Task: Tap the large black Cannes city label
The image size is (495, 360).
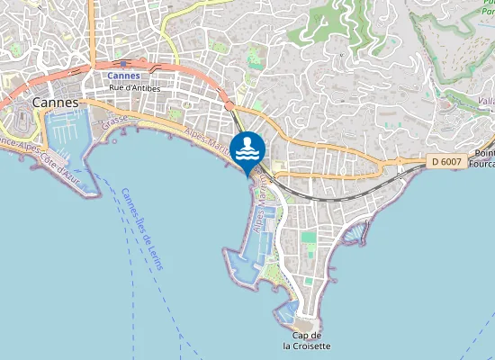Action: tap(56, 103)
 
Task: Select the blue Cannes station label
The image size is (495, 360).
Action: tap(124, 76)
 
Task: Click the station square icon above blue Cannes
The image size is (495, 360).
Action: tap(123, 65)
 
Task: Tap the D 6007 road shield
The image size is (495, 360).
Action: tap(445, 161)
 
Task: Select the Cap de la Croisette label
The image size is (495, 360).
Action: tap(306, 340)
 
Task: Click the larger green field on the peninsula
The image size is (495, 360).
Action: tap(309, 238)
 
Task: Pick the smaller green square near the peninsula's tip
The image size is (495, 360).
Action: tap(307, 281)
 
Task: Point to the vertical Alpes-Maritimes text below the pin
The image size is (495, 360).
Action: tap(264, 203)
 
